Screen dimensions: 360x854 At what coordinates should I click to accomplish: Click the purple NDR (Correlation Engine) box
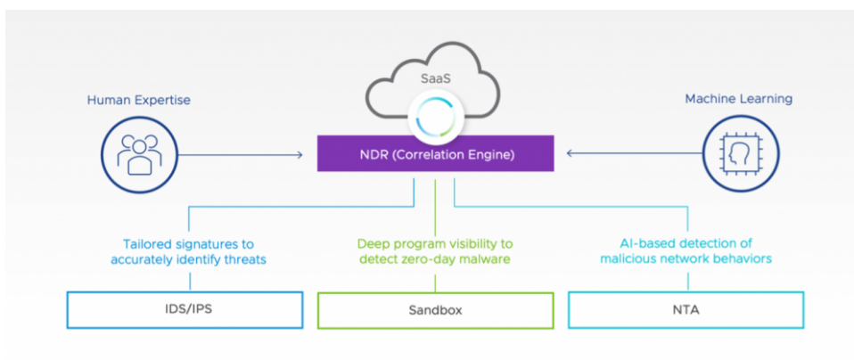(x=435, y=153)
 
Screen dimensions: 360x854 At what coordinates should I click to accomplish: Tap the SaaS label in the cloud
(x=434, y=78)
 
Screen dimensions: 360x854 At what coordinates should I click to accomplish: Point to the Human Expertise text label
(x=138, y=100)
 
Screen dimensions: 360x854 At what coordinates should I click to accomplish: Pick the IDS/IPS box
(x=185, y=310)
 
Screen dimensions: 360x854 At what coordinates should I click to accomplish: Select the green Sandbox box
(x=435, y=311)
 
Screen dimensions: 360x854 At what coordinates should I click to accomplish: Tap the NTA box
(x=686, y=310)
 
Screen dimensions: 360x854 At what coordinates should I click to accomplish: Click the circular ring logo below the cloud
(x=435, y=116)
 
